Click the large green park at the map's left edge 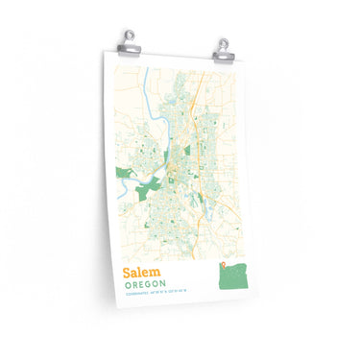124,173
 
